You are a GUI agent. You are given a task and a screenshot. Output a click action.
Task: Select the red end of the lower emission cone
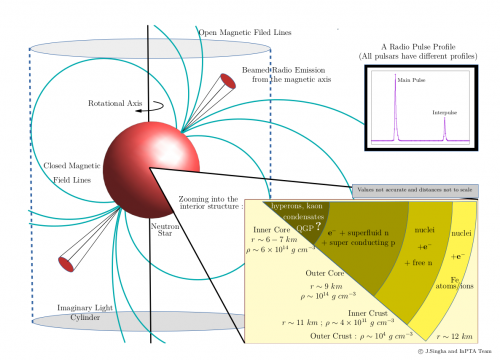coord(67,264)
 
